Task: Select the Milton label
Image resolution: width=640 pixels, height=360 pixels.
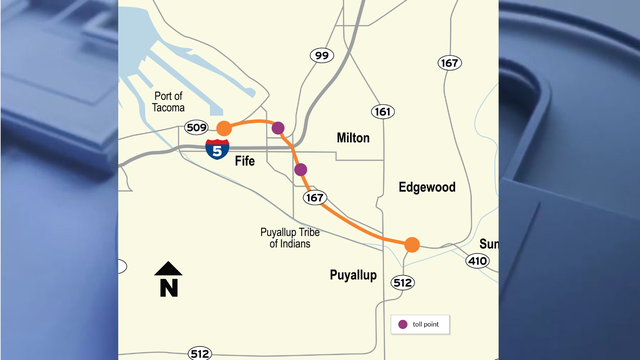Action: [x=353, y=138]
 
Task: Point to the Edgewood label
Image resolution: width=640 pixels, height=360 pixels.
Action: [x=426, y=187]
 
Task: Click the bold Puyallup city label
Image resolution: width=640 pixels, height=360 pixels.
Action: [x=353, y=275]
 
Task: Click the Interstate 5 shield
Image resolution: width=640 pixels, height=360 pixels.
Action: [x=216, y=150]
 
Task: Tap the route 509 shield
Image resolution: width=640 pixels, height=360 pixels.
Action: [x=196, y=127]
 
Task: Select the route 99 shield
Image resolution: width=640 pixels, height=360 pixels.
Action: [x=320, y=56]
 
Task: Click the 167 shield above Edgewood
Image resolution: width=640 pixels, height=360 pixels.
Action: [x=449, y=63]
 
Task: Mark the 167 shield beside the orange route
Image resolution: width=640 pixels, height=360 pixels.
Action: [x=316, y=198]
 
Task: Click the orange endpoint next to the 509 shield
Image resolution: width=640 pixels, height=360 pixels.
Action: [x=224, y=128]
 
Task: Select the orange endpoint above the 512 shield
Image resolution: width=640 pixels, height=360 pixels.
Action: [x=411, y=244]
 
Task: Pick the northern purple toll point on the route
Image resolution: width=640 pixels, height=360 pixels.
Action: [x=278, y=128]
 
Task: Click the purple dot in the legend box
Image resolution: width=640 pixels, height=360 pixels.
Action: [x=403, y=324]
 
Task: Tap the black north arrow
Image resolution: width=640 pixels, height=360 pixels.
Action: [x=168, y=268]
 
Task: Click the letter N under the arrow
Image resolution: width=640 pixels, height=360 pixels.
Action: [x=168, y=288]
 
